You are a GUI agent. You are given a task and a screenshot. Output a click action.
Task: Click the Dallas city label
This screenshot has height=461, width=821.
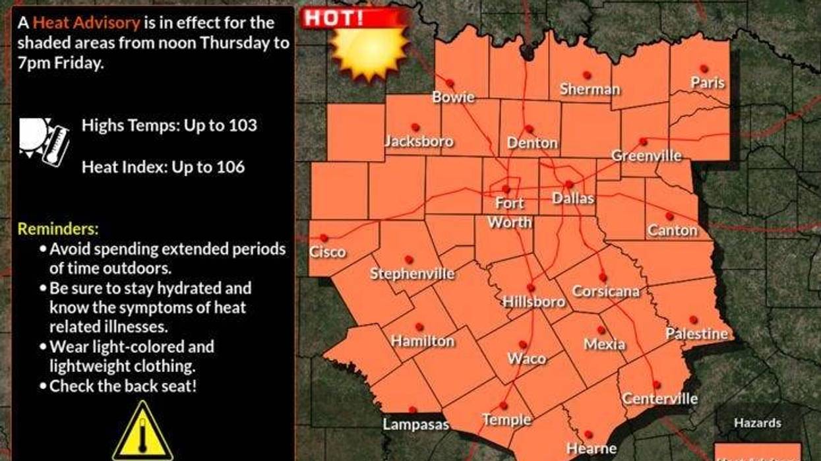point(572,198)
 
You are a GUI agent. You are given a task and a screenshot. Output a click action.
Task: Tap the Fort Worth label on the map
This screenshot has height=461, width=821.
point(510,212)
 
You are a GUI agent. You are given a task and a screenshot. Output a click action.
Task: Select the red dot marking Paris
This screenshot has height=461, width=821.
point(704,69)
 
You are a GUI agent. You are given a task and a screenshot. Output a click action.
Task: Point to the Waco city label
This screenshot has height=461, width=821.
point(526,359)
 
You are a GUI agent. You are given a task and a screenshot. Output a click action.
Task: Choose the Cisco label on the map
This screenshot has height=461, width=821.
point(327,252)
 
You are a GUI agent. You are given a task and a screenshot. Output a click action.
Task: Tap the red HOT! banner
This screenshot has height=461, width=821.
point(334,18)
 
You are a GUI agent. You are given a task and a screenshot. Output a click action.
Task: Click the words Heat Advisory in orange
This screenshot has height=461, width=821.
point(86,23)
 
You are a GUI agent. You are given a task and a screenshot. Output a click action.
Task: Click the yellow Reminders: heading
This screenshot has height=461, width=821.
point(57,229)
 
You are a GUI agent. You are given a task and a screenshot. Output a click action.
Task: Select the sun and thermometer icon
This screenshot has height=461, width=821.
point(44,140)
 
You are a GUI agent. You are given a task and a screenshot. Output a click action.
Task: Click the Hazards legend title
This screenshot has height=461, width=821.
point(758,423)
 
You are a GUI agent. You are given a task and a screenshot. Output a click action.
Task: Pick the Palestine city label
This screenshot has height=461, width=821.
point(696,334)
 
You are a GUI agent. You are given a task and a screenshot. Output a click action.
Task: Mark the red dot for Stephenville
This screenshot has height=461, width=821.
point(408,260)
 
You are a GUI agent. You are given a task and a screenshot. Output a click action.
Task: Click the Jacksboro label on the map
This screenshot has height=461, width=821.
point(419,142)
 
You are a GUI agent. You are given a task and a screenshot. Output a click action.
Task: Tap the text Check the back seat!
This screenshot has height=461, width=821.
point(123,386)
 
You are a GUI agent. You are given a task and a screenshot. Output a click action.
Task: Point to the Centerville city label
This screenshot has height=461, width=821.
point(659,398)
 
